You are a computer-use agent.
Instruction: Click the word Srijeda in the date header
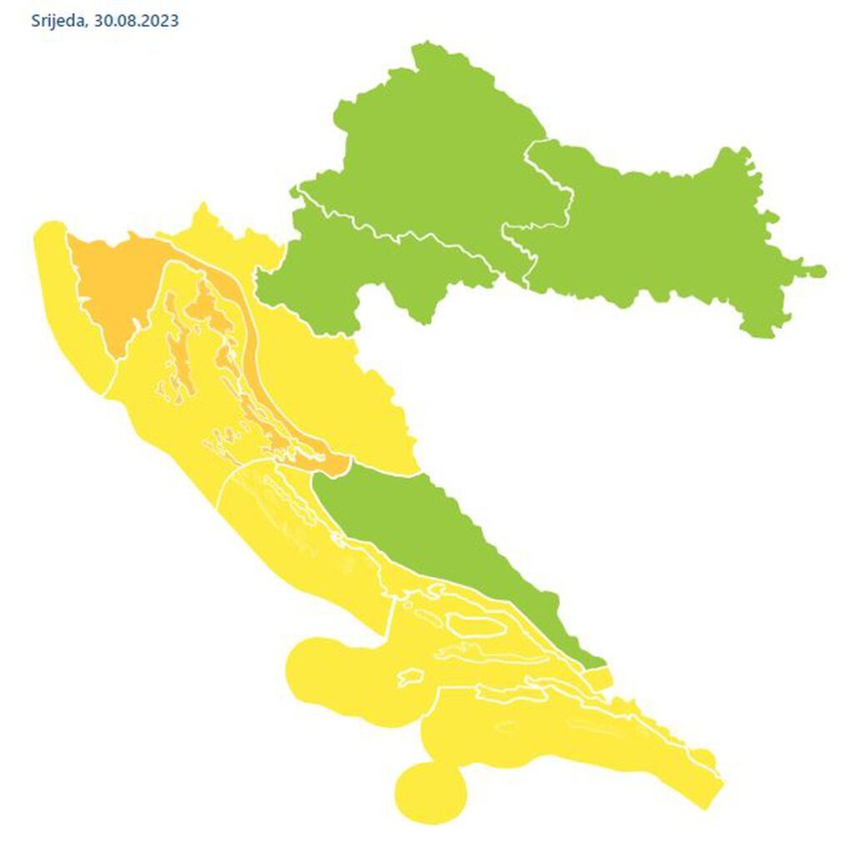click(56, 21)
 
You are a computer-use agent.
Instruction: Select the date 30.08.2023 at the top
click(136, 21)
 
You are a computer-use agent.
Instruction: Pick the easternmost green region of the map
click(667, 234)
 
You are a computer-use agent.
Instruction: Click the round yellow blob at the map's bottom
click(429, 791)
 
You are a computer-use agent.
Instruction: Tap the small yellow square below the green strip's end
click(600, 678)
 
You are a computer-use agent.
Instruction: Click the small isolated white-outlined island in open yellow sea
click(410, 677)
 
